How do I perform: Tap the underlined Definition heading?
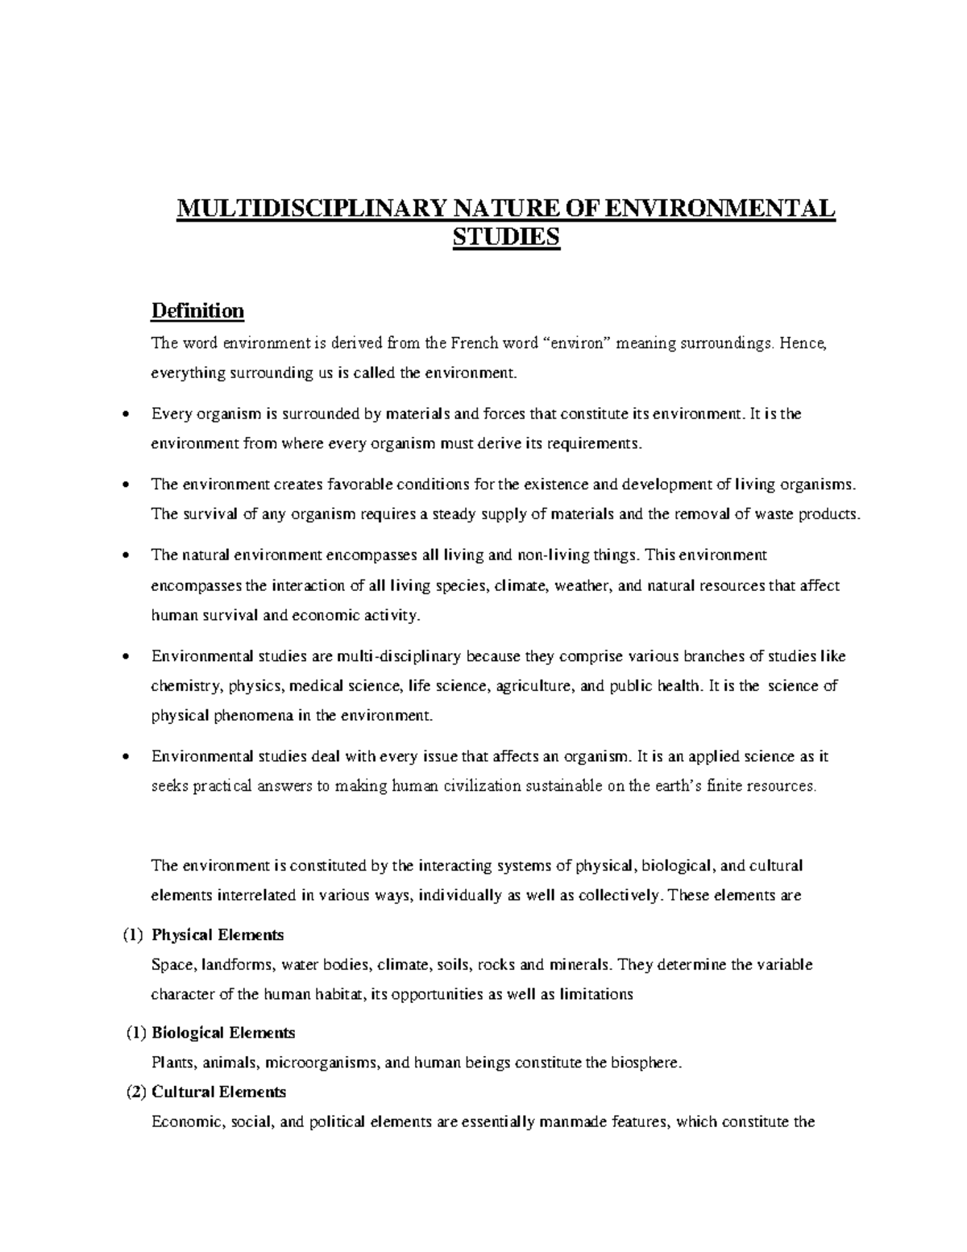click(198, 311)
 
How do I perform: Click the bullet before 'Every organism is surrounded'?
click(124, 415)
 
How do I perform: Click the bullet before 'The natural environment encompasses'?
click(124, 556)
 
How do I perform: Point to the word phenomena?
click(258, 716)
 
